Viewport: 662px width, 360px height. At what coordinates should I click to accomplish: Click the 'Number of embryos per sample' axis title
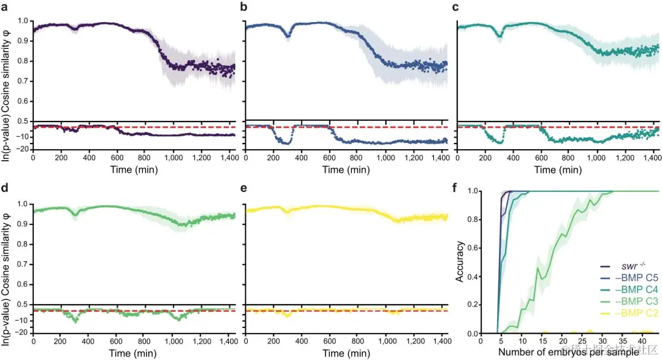point(569,352)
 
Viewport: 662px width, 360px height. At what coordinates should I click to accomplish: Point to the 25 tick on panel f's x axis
point(580,341)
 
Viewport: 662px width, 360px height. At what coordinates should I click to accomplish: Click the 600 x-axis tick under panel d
point(117,342)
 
